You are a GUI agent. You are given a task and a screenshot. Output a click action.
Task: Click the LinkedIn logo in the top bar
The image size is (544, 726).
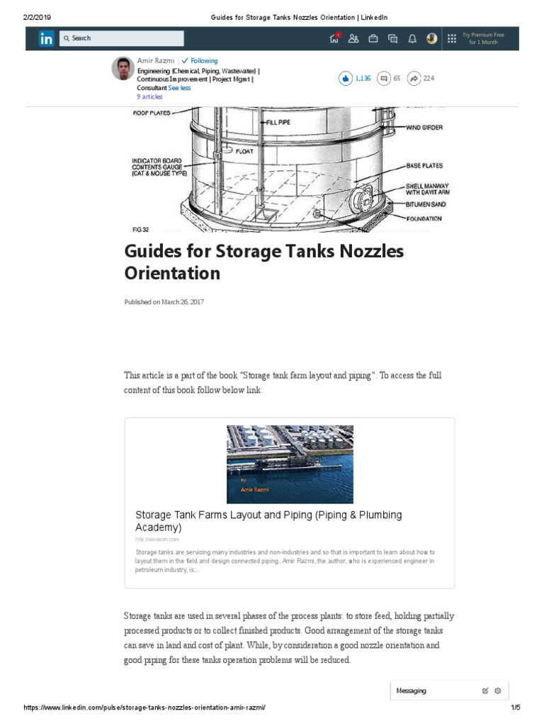[x=46, y=39]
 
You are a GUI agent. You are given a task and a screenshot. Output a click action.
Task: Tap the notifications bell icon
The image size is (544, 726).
[x=412, y=39]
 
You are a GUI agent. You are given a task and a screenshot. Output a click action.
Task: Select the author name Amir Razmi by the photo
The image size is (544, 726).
[x=155, y=61]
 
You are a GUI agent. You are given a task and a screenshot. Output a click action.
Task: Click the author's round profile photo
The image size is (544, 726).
[x=123, y=69]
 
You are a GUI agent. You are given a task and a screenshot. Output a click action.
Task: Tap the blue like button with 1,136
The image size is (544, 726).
[x=345, y=79]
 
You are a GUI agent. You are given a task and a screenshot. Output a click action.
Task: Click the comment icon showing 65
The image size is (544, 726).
[x=383, y=79]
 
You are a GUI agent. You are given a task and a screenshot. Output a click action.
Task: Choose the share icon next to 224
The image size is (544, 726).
[x=414, y=79]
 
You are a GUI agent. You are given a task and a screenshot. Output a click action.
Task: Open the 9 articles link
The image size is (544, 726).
[x=149, y=97]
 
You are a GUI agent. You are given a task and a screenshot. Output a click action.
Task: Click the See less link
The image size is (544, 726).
[x=179, y=88]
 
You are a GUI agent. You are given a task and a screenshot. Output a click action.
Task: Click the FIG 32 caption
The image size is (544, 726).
[x=140, y=230]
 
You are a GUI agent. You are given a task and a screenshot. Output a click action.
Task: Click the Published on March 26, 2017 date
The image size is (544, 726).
[x=164, y=302]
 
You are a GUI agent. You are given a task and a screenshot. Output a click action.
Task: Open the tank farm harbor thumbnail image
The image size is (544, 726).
[x=290, y=464]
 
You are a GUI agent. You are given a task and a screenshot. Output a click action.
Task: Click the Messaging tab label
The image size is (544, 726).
[x=412, y=691]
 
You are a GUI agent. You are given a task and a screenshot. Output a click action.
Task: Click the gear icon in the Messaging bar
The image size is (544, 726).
[x=498, y=691]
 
